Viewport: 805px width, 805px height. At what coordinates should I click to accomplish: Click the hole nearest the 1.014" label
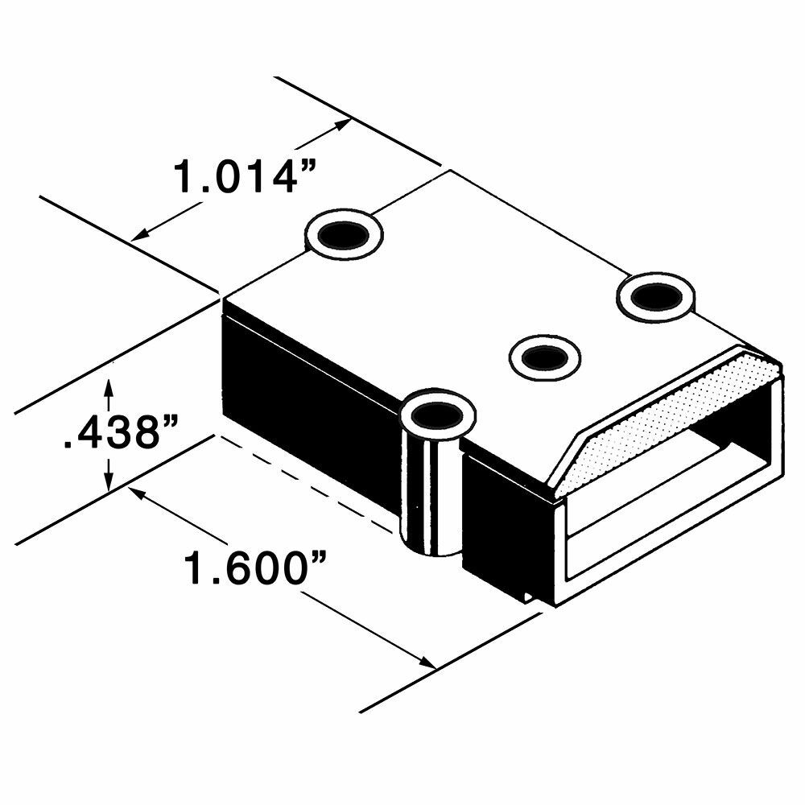tap(344, 234)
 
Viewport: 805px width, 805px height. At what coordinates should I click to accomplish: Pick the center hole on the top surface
tap(545, 355)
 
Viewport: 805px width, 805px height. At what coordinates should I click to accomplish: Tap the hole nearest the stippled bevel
tap(656, 296)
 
